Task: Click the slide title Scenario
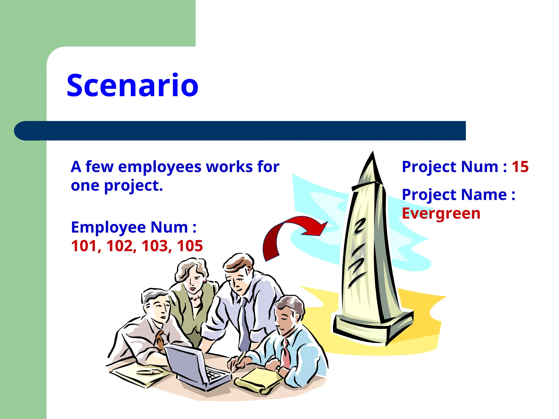click(x=132, y=85)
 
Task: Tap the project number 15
click(x=520, y=167)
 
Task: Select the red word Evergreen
click(x=441, y=213)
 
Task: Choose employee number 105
click(x=190, y=246)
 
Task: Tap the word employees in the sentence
click(x=160, y=167)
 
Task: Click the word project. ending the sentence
click(x=133, y=186)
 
